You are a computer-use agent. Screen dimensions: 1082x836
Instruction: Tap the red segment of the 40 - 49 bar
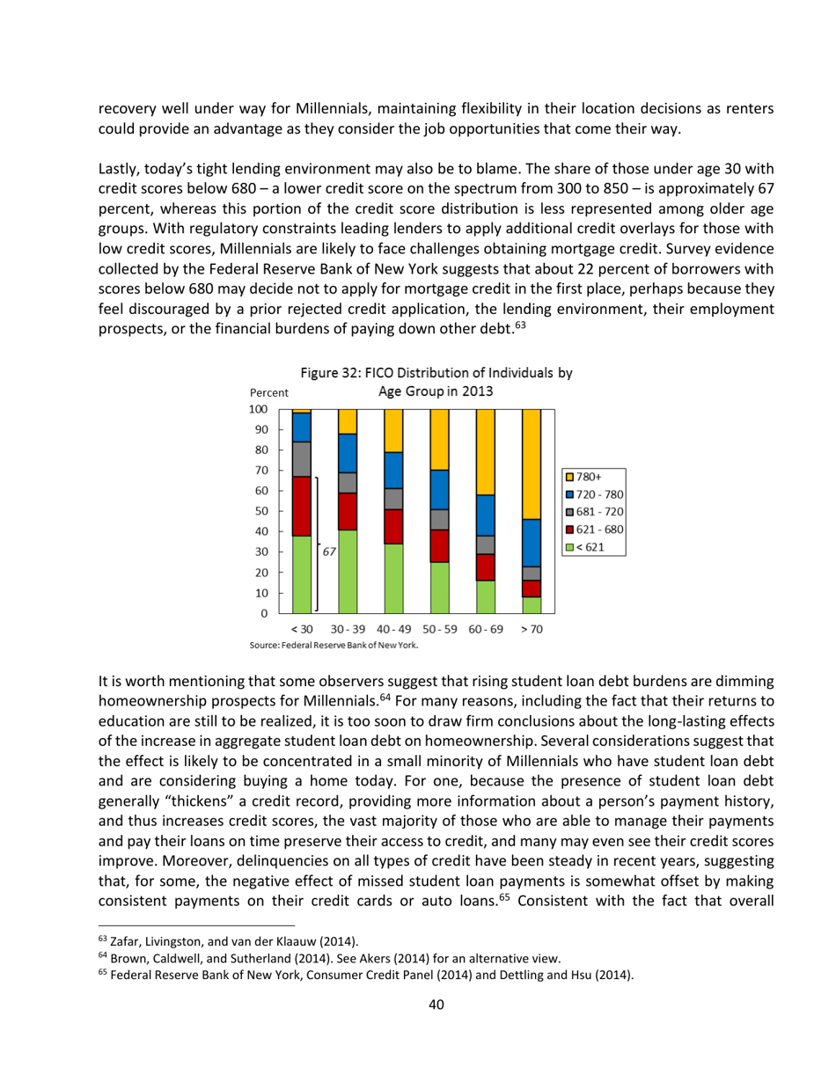(393, 526)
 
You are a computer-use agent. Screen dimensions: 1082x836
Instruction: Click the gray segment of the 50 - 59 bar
(439, 519)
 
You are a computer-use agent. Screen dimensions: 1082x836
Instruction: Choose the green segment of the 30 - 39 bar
(348, 571)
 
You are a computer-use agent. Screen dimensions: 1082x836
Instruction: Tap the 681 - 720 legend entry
(596, 512)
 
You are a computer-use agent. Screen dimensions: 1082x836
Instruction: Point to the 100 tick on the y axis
(258, 410)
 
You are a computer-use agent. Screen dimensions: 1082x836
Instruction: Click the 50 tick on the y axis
(261, 511)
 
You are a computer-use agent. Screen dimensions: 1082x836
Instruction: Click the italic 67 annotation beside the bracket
(330, 552)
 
